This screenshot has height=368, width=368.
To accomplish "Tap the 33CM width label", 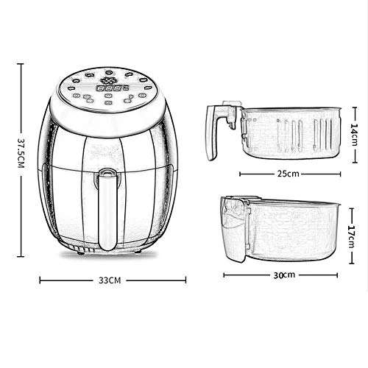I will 109,280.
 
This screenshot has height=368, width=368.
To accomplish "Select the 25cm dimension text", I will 287,174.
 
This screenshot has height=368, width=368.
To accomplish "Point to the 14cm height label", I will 353,135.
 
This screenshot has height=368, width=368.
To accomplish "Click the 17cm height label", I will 353,229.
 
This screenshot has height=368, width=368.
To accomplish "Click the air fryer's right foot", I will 138,254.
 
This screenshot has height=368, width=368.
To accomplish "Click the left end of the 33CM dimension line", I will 40,280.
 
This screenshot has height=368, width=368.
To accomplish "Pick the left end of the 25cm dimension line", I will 241,174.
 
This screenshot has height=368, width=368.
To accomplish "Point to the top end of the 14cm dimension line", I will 353,107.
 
